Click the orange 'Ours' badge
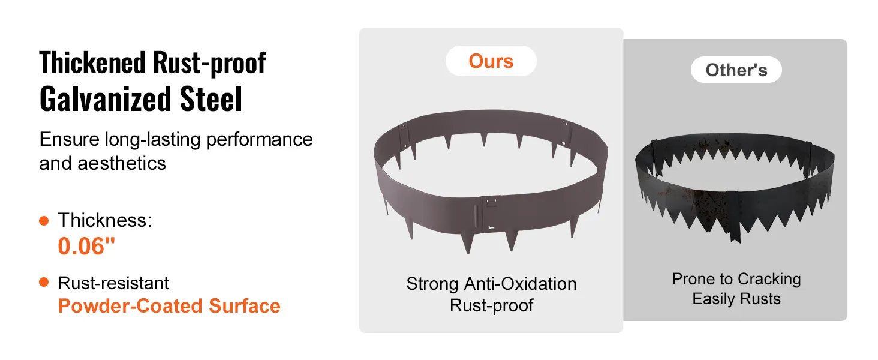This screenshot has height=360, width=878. tap(491, 61)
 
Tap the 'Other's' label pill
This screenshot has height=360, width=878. tap(736, 70)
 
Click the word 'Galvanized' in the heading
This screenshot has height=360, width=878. tap(106, 99)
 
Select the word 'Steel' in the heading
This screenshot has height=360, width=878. tap(211, 98)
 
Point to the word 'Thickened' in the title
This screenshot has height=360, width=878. tap(92, 63)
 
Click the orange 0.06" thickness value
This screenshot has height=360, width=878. tap(86, 246)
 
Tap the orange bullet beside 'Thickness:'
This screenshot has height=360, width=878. tap(44, 220)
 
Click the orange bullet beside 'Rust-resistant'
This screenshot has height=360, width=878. tap(44, 282)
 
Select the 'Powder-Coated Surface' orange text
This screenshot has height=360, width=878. tap(169, 306)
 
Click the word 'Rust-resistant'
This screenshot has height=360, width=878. tap(113, 283)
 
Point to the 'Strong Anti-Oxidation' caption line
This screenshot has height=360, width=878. tap(491, 284)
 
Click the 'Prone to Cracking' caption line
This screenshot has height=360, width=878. tap(736, 279)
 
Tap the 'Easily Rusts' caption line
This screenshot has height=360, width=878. tap(736, 299)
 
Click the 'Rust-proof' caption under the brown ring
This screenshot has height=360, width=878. tap(491, 305)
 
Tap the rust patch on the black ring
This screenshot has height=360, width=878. tap(709, 204)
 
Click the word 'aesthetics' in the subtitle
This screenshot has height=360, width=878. tap(122, 164)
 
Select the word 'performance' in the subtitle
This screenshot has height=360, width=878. tap(259, 140)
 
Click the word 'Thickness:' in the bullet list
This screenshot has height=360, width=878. tap(105, 220)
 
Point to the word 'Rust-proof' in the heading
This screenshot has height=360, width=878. tap(209, 64)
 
